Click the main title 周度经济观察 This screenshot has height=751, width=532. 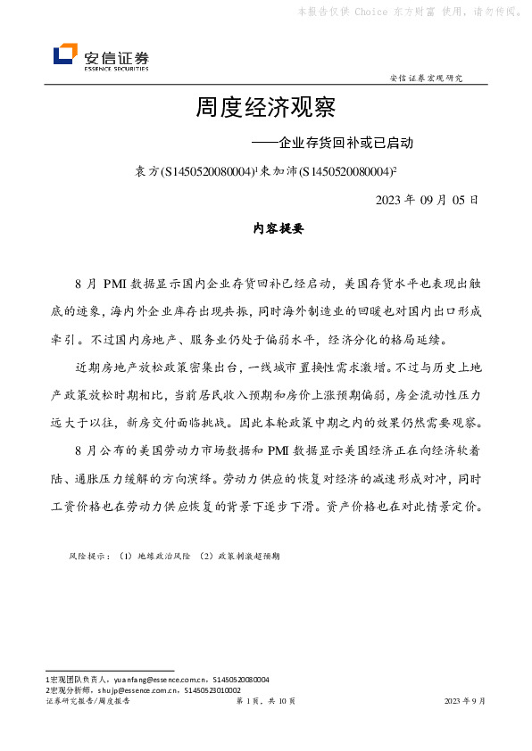265,109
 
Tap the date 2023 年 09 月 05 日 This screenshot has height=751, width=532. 428,199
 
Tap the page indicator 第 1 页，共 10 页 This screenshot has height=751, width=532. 265,702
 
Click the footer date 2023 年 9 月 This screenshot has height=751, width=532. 465,702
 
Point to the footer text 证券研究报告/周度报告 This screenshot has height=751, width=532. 87,702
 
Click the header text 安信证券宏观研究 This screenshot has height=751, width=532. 427,78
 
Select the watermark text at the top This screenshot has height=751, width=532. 409,12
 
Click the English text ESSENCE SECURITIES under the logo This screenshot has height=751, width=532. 116,68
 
